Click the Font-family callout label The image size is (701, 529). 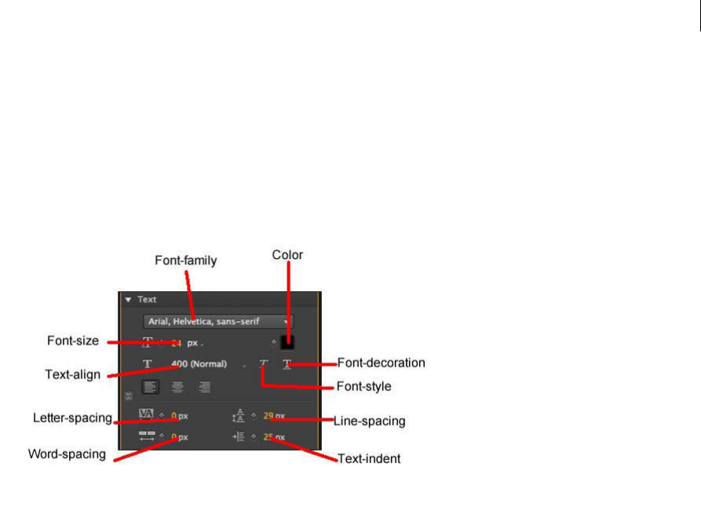click(x=185, y=260)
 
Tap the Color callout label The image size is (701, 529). click(x=287, y=254)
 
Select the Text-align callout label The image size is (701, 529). click(x=73, y=374)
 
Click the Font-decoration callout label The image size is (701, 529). click(x=381, y=363)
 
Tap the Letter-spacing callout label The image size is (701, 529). click(x=73, y=417)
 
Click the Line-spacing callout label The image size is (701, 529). click(x=370, y=421)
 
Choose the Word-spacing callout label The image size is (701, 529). click(x=67, y=454)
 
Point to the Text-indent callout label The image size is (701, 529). click(x=369, y=458)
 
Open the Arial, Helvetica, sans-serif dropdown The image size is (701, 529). click(x=217, y=321)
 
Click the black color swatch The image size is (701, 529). click(x=287, y=342)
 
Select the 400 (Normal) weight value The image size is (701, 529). click(x=199, y=364)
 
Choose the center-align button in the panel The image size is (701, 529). click(x=177, y=386)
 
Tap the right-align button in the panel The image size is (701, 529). click(x=204, y=386)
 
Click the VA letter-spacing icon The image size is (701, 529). click(x=146, y=414)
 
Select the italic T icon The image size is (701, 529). click(x=264, y=364)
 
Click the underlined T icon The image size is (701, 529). click(x=287, y=364)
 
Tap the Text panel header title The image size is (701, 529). click(x=147, y=299)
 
